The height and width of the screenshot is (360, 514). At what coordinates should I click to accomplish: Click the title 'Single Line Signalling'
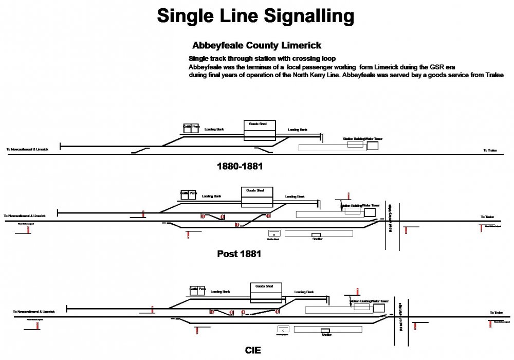coord(255,16)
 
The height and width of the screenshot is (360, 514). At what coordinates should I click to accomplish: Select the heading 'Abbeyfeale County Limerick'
coord(256,45)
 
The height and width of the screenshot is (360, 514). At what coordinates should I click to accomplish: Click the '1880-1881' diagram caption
coord(240,167)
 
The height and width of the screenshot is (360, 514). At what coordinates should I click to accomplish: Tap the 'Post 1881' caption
coord(240,254)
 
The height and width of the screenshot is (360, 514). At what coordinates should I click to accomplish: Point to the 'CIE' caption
coord(253,350)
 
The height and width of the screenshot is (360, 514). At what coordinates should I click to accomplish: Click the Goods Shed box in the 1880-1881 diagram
coord(260,131)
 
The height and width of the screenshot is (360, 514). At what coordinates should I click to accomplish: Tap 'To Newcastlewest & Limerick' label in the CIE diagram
coord(34,312)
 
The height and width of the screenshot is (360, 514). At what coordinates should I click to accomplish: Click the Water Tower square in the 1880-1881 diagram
coord(372,146)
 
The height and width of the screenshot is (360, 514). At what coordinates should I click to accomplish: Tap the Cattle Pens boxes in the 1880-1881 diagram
coord(190,128)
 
